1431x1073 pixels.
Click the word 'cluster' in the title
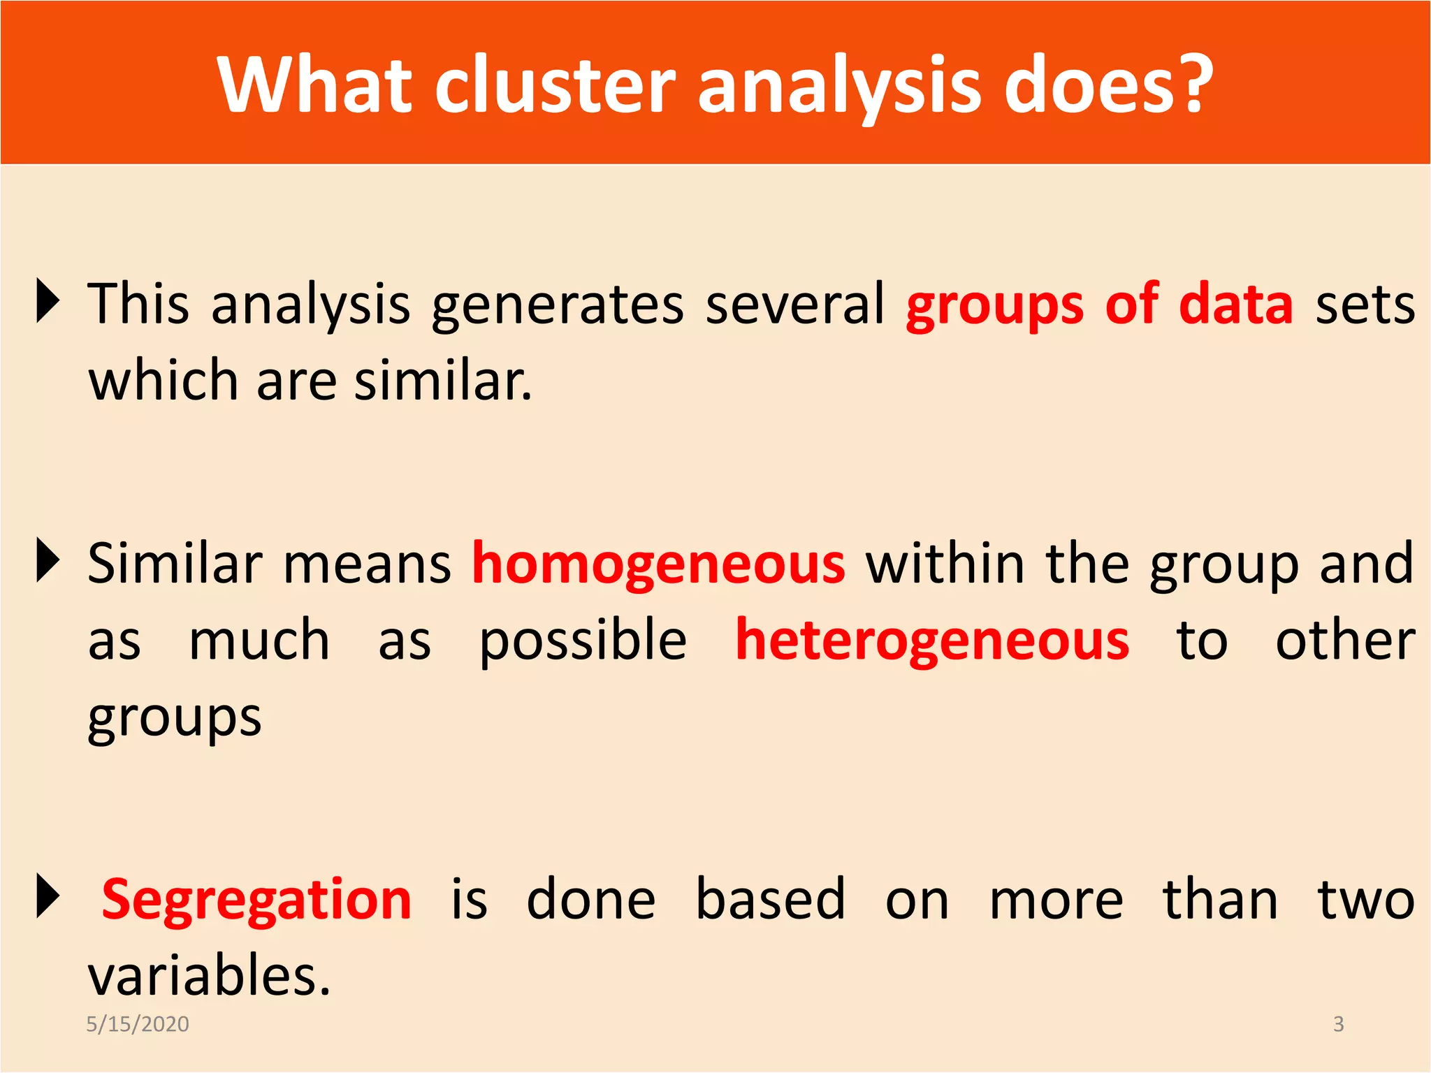[x=555, y=85]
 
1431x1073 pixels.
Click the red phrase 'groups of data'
[x=1099, y=305]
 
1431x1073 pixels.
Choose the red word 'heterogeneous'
[x=932, y=641]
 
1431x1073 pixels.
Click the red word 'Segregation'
[x=256, y=900]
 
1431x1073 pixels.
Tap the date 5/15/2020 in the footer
[x=138, y=1024]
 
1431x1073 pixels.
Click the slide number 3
[x=1338, y=1024]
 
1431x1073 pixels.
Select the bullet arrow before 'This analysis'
[x=47, y=301]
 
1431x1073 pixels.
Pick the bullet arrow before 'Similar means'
[x=47, y=560]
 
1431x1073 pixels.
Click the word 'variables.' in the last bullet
[x=209, y=976]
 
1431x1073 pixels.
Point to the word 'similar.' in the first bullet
[x=443, y=381]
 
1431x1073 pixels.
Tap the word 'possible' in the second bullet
[x=583, y=641]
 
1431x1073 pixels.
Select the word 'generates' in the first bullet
[x=558, y=305]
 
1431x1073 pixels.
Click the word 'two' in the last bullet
[x=1366, y=900]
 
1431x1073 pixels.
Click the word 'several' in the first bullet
[x=795, y=305]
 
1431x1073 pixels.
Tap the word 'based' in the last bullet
[x=770, y=900]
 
